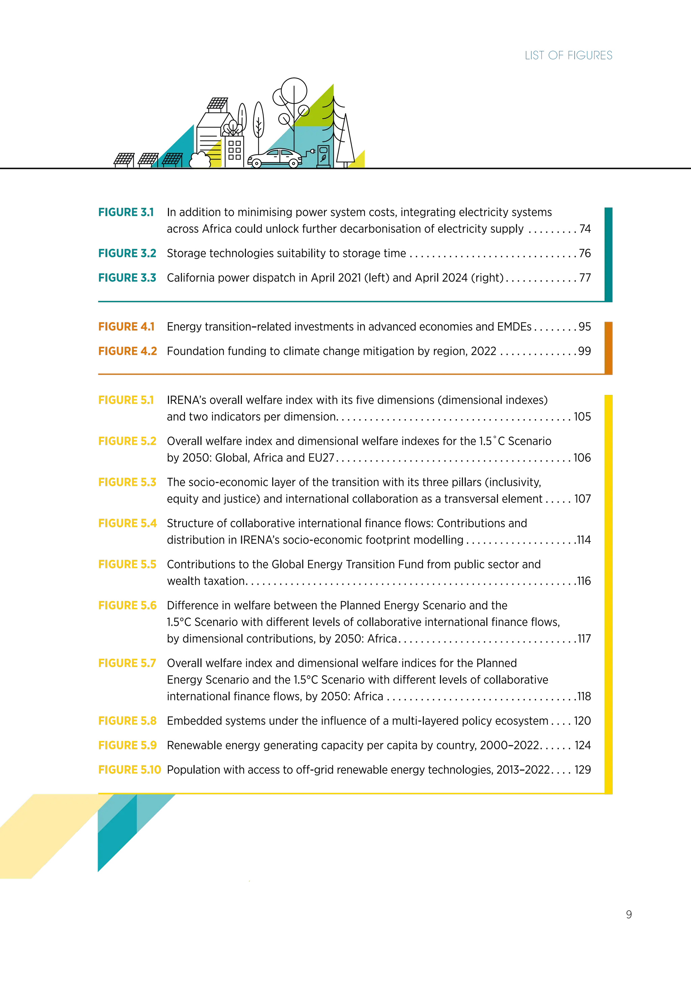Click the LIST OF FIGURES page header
tap(568, 55)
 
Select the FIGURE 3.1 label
tap(125, 212)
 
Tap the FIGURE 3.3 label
tap(127, 278)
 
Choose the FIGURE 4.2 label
tap(127, 351)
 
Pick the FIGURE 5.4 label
tap(127, 523)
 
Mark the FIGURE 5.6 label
tap(127, 605)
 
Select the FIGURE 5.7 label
tap(127, 663)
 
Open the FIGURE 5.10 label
tap(129, 769)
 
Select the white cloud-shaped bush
tap(200, 160)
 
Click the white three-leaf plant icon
tap(233, 127)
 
